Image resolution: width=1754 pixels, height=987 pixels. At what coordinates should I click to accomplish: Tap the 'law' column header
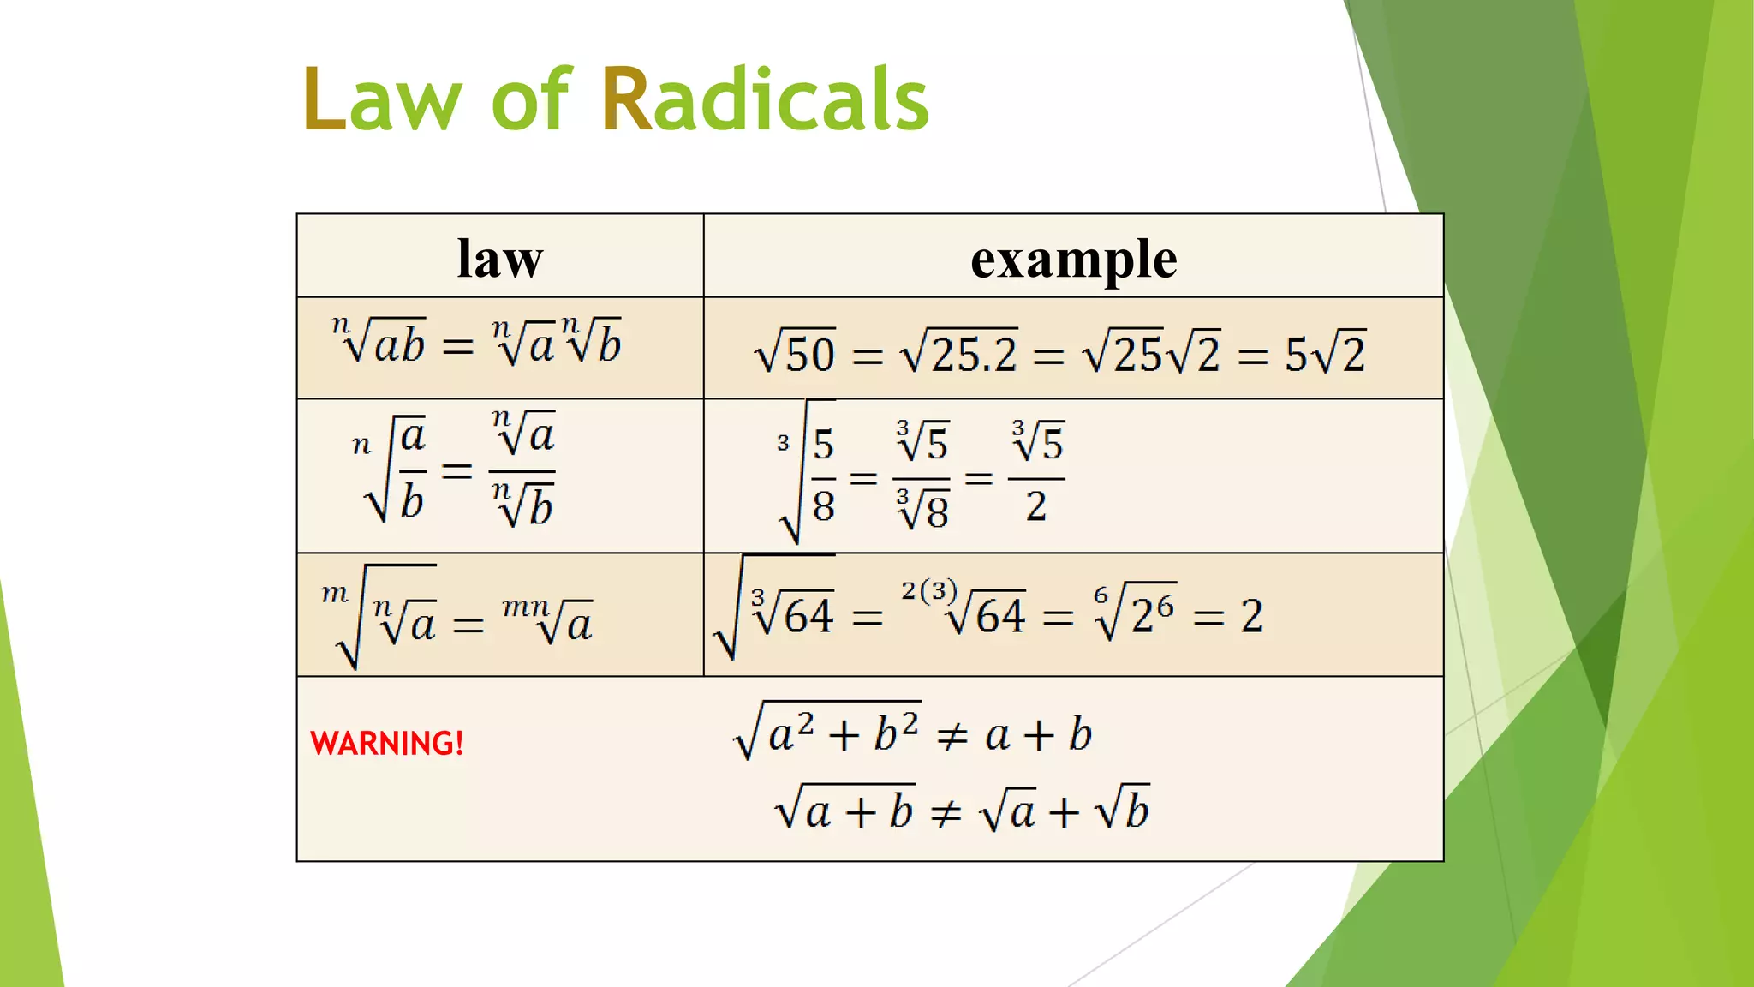tap(500, 258)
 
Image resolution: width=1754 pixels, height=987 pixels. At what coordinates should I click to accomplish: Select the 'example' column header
tap(1073, 258)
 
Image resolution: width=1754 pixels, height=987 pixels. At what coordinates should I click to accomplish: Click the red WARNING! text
tap(387, 743)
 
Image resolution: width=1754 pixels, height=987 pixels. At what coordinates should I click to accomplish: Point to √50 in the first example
tap(795, 353)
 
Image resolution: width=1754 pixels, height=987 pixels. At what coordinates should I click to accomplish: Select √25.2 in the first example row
tap(959, 353)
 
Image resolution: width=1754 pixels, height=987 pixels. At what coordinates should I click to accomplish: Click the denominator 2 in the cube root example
tap(1036, 507)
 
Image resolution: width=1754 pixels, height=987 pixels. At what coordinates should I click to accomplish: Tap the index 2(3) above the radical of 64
tap(928, 590)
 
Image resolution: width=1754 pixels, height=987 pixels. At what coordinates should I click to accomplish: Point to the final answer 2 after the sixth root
tap(1251, 617)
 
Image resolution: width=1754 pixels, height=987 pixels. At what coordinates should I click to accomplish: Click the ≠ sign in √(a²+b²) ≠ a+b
tap(952, 736)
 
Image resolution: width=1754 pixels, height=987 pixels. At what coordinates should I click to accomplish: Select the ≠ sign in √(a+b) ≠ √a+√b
tap(946, 812)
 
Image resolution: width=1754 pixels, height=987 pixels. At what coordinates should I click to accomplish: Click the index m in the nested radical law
tap(334, 593)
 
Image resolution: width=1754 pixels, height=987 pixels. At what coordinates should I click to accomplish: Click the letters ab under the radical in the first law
tap(399, 346)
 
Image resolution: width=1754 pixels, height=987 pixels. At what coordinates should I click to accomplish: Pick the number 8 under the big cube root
tap(823, 507)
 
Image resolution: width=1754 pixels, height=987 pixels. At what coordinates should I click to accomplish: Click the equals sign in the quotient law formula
tap(456, 470)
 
